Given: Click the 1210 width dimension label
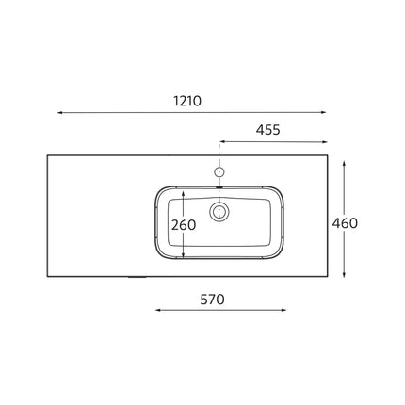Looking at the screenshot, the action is tap(187, 101).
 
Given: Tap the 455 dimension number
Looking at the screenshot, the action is tap(267, 130).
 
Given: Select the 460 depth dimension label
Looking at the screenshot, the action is tap(345, 223).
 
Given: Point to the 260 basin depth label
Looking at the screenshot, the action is tap(184, 225).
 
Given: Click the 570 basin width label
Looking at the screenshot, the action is tap(212, 300).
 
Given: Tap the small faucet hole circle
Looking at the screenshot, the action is tap(219, 171).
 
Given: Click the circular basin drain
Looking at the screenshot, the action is tap(219, 212).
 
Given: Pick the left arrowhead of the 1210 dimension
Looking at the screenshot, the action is tap(59, 112).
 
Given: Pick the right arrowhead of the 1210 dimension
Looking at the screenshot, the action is tap(324, 112).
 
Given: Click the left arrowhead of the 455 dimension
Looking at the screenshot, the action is tap(221, 142).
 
